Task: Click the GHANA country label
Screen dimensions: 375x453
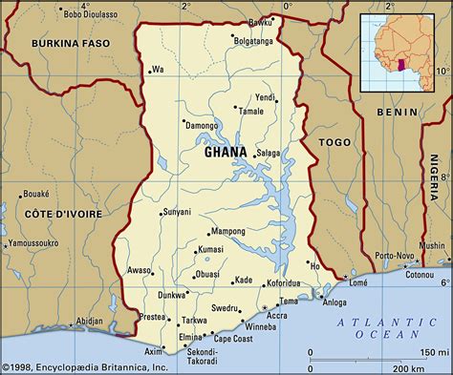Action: coord(226,152)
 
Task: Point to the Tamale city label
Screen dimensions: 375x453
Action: coord(251,112)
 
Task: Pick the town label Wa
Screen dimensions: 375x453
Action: coord(159,69)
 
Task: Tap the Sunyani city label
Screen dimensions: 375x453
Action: coord(178,212)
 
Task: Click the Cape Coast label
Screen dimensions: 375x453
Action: coord(233,339)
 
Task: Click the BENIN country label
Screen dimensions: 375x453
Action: coord(399,113)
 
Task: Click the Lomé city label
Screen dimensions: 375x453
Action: coord(358,282)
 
